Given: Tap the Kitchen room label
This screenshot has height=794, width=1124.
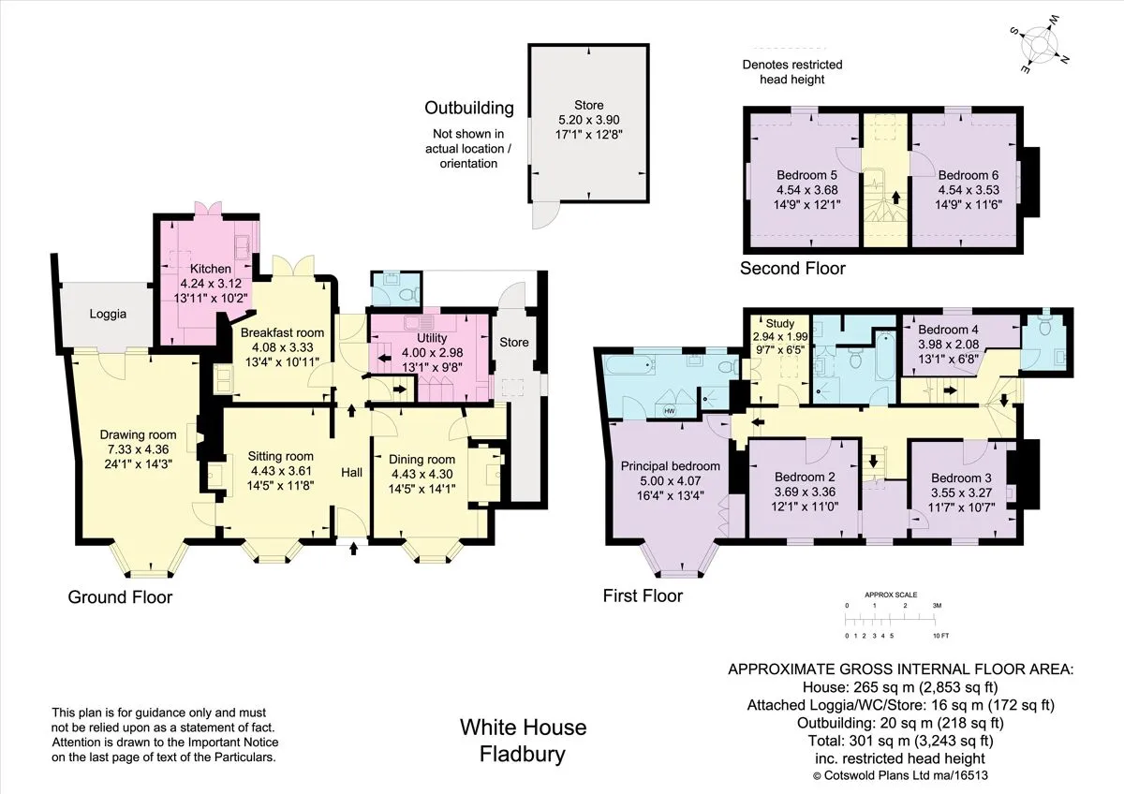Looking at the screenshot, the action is coord(210,269).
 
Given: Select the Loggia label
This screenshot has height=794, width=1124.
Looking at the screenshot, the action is coord(108,314).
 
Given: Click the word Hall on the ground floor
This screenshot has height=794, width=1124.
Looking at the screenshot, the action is coord(352,472).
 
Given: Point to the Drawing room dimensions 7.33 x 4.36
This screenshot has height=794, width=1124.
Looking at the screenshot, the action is coord(138,448).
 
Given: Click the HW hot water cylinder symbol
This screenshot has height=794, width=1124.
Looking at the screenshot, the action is coord(670,411).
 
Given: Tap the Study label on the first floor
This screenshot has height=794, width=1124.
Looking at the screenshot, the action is coord(779,324).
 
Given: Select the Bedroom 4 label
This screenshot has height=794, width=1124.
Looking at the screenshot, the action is coord(948,330).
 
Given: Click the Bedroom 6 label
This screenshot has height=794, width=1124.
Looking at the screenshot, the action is coord(968,175).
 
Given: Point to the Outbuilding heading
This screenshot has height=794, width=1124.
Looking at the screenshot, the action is coord(469,108).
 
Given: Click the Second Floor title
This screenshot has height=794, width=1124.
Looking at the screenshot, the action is coord(792,269).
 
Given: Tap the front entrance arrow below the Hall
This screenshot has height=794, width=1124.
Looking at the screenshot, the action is coord(354,549).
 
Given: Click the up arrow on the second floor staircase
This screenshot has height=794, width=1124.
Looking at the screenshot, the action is coord(895,198).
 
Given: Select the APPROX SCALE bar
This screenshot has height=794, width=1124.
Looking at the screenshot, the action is coord(891,621).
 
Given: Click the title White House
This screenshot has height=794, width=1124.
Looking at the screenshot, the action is coord(523,728).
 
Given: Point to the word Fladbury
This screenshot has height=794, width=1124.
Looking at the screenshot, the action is coord(523,755).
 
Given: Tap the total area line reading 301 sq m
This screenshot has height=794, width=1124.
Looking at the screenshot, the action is coord(901,741).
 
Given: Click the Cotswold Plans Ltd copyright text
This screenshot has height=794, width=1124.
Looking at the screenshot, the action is coord(900,775).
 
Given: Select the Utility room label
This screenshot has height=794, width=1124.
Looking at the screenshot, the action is coord(432,338).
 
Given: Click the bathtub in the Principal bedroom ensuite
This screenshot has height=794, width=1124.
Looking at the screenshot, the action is coord(630,364).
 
